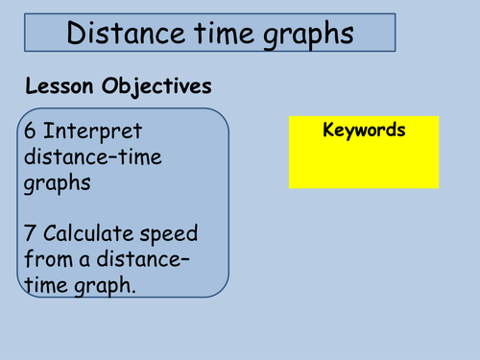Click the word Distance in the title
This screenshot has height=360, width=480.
click(x=122, y=35)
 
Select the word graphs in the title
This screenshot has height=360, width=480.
click(x=306, y=36)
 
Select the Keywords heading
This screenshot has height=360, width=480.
click(x=365, y=130)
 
